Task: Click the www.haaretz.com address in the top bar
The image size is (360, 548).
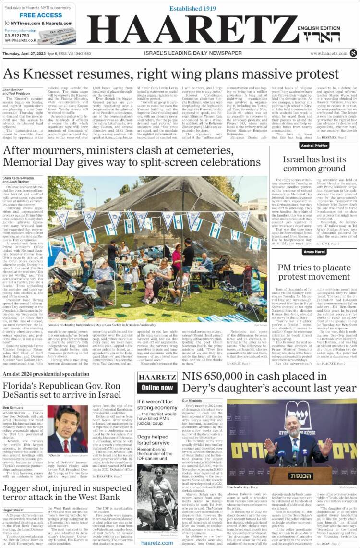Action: (x=328, y=53)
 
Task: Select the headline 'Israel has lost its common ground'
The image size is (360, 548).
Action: (x=314, y=164)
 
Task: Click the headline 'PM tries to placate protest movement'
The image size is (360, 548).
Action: (x=314, y=271)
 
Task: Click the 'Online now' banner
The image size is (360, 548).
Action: (x=157, y=387)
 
